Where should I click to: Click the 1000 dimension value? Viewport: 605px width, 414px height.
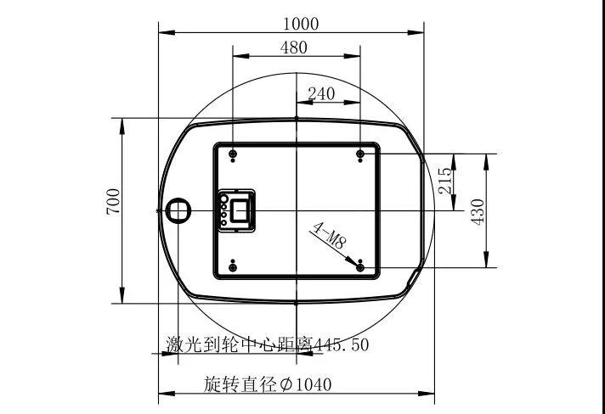[301, 24]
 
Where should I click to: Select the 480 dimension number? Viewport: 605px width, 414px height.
[294, 48]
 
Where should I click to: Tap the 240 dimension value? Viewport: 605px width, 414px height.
[321, 93]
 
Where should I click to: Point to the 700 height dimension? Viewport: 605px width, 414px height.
[114, 201]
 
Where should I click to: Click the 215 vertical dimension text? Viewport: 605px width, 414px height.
[445, 181]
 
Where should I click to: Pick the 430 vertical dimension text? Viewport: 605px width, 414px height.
[478, 212]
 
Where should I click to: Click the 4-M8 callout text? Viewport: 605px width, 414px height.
[329, 236]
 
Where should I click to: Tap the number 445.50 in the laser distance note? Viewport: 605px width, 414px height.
[342, 344]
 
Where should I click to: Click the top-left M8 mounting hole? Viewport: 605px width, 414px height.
[233, 154]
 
